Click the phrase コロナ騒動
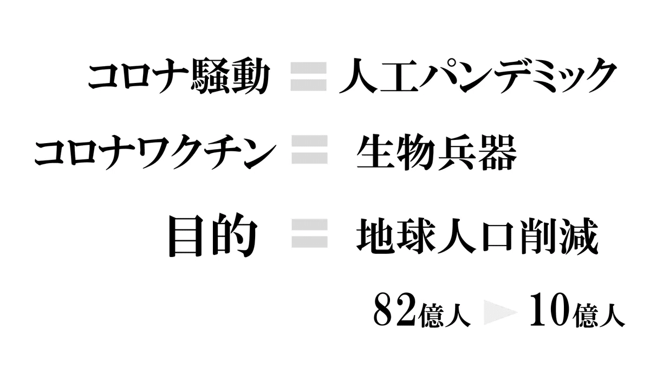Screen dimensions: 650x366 [x=179, y=76]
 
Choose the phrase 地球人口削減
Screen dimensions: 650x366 [x=477, y=236]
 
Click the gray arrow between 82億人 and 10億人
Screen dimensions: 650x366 [x=500, y=312]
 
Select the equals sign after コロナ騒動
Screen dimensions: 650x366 [x=309, y=76]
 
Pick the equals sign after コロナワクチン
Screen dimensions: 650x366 [x=310, y=149]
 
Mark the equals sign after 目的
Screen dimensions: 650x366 [x=310, y=233]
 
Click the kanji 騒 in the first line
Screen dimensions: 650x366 [x=209, y=76]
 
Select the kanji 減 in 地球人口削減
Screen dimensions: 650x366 [x=580, y=236]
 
